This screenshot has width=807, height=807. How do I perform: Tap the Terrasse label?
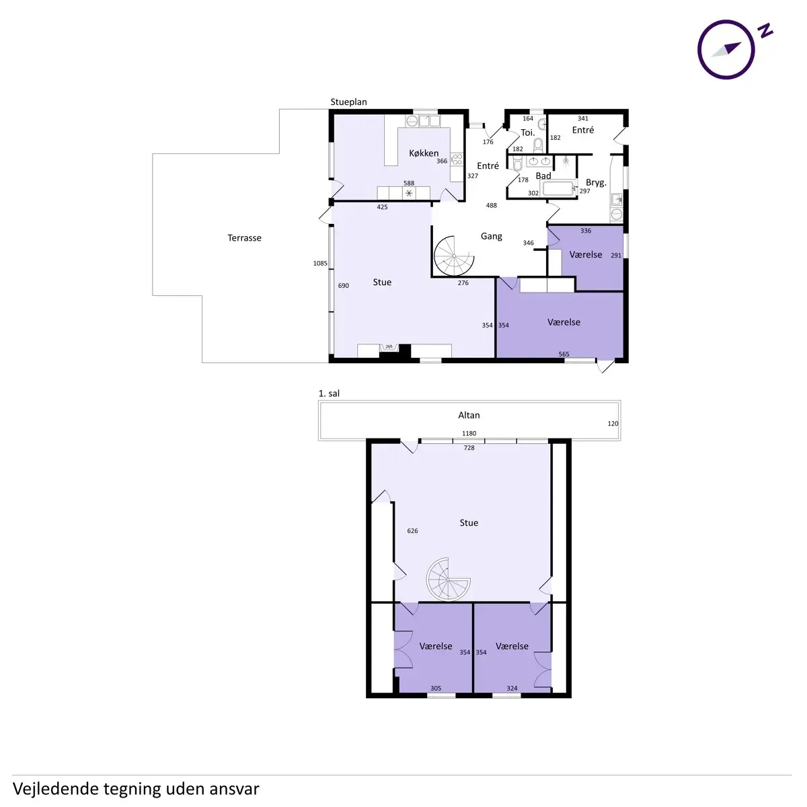click(244, 238)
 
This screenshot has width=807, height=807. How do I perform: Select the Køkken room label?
click(424, 153)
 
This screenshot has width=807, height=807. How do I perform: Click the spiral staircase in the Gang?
click(454, 256)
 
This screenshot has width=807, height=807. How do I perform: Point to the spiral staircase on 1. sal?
click(448, 579)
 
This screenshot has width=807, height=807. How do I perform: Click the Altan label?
click(469, 415)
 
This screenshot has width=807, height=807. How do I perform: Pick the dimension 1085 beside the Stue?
click(320, 264)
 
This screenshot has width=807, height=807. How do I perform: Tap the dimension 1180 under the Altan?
click(469, 434)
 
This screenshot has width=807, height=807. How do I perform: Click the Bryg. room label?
click(596, 183)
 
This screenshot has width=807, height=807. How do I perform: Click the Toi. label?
click(528, 132)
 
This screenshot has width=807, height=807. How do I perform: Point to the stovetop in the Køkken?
click(457, 159)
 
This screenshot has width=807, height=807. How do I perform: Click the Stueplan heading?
click(348, 102)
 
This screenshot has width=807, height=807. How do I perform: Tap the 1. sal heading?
click(329, 393)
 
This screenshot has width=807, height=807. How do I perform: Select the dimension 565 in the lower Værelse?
click(564, 354)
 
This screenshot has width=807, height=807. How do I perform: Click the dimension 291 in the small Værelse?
click(615, 256)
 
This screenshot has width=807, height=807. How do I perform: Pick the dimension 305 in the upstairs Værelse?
click(436, 688)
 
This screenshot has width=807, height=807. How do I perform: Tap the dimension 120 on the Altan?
click(613, 424)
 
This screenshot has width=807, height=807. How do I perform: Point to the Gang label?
click(491, 236)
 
